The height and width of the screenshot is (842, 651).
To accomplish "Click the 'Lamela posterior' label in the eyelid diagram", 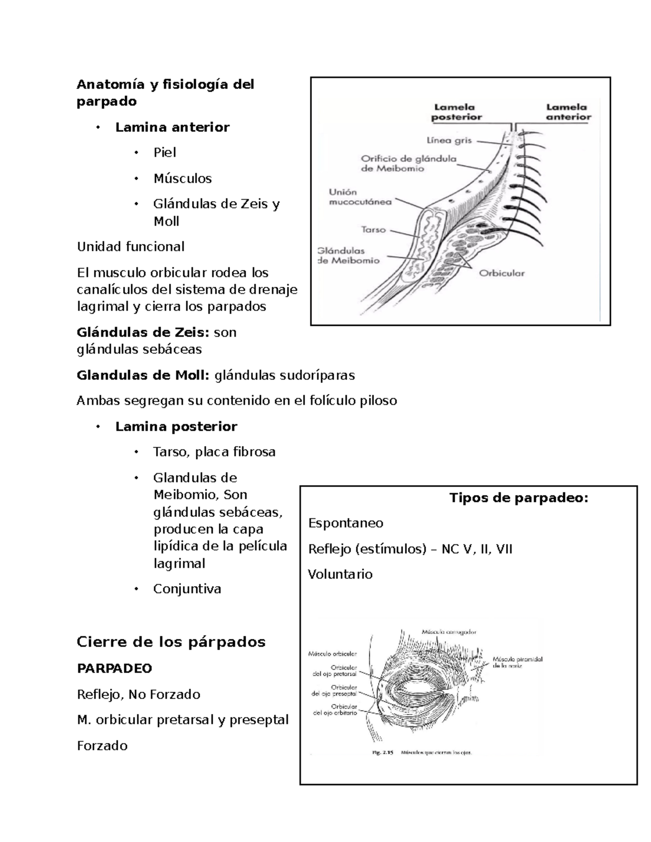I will pos(456,112).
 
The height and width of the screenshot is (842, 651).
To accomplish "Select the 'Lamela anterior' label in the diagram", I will pos(568,112).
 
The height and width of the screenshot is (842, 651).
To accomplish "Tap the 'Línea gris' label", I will pos(449,140).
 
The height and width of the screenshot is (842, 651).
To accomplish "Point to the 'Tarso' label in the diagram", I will pos(373,230).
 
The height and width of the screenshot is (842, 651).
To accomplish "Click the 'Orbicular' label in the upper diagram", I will pos(501,273).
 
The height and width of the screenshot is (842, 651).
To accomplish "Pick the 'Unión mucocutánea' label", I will pos(360,197).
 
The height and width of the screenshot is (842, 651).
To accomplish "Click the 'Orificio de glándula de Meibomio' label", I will pos(409,164).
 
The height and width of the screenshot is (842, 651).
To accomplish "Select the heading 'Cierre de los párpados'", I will pos(171,642).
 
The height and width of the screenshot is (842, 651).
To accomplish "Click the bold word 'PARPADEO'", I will pos(114,669).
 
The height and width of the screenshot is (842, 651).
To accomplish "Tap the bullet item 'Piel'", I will pos(165,152).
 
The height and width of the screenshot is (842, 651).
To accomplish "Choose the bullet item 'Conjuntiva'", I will pos(187,589).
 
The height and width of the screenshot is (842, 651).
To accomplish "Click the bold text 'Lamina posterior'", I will pos(176,427).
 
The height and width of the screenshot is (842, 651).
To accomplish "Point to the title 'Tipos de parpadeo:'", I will pos(519,498).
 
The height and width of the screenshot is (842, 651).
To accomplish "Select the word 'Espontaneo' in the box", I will pos(346,523).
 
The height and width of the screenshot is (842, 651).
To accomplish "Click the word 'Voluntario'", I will pos(340,574).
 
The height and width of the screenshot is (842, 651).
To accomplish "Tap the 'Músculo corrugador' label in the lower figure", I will pos(449,632).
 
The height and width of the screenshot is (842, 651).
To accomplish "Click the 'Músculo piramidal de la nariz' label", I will pos(517,663).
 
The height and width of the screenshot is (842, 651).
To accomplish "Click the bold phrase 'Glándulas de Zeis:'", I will pos(143,332).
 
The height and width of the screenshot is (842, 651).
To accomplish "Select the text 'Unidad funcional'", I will pos(131,247).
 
